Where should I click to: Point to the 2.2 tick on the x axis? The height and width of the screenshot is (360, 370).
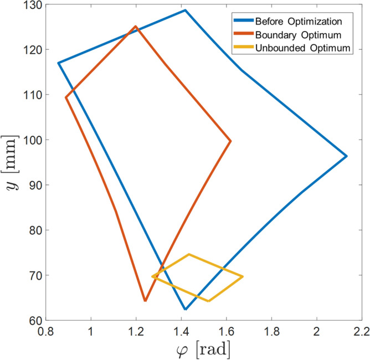click(361, 332)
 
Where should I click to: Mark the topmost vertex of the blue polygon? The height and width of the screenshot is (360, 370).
click(185, 10)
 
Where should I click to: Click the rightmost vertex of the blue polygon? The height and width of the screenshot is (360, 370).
click(347, 156)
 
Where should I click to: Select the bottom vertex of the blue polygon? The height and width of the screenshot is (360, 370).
click(185, 310)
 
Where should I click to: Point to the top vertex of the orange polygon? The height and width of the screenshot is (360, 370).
click(136, 26)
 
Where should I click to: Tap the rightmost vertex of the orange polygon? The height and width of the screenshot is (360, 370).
click(230, 141)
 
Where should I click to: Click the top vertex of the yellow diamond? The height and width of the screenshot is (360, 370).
click(189, 254)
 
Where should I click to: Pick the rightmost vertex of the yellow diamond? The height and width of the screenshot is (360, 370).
click(243, 276)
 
